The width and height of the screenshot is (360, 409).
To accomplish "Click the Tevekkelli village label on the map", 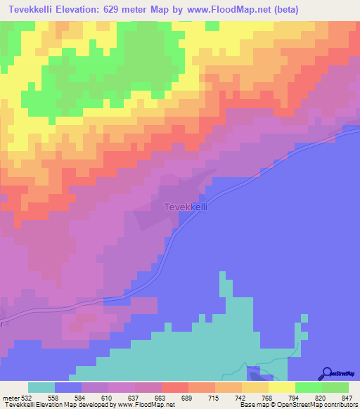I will [186, 207].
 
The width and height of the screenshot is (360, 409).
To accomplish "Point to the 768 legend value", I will [268, 397].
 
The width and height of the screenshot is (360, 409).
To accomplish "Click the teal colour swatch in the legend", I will [41, 387].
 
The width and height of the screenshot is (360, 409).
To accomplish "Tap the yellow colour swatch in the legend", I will [282, 387].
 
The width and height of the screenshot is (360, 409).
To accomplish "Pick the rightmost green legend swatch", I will [335, 387].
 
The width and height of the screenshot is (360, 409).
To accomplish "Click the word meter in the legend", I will [11, 397].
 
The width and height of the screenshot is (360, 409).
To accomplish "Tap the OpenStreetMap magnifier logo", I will [327, 373].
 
